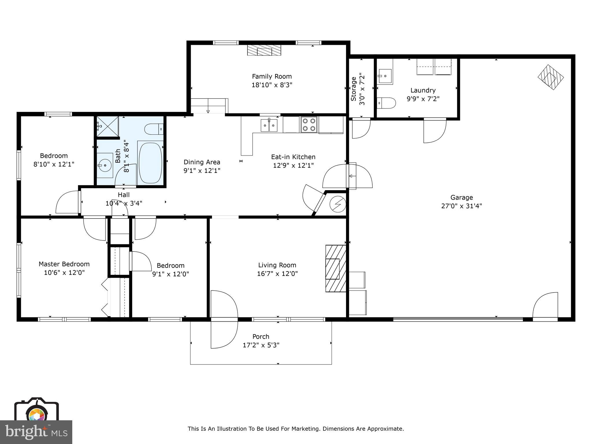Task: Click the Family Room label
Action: click(272, 77)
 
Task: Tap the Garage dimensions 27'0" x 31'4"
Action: click(461, 206)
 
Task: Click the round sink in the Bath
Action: click(104, 165)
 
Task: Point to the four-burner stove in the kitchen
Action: click(309, 125)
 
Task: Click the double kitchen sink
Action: click(269, 125)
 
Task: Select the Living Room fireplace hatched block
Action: click(336, 269)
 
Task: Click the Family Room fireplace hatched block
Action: click(264, 50)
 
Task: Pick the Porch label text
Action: click(261, 337)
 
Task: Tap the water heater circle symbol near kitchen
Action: click(337, 204)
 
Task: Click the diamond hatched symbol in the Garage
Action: click(550, 77)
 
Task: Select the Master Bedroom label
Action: click(64, 264)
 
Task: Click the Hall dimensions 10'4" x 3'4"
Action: click(124, 203)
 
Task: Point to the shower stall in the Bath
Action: click(108, 126)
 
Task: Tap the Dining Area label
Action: click(202, 162)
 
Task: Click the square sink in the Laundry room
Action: click(385, 76)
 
